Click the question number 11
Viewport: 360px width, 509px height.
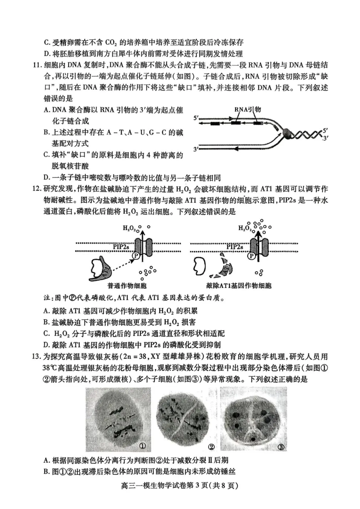(x=37, y=65)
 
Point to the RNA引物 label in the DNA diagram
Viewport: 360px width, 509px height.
(x=247, y=110)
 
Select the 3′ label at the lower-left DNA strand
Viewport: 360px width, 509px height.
(x=196, y=149)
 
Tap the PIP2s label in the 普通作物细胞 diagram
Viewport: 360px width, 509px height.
(x=121, y=247)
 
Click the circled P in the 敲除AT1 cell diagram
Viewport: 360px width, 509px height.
(x=251, y=256)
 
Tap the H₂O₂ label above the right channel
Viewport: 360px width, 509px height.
(x=244, y=228)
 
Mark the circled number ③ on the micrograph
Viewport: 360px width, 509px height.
(x=281, y=447)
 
